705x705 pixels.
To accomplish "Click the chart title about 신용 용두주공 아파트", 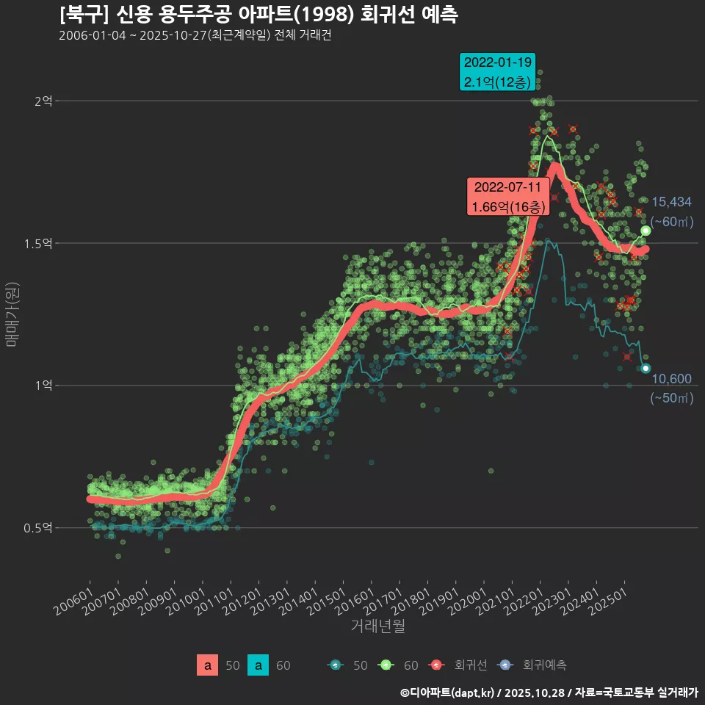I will (258, 14).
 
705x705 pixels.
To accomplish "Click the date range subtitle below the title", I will (195, 36).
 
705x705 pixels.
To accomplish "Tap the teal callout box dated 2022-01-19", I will (496, 72).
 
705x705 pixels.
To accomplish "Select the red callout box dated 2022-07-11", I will (508, 197).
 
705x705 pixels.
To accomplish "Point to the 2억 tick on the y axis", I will (43, 101).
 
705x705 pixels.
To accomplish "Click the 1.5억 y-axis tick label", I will (40, 243).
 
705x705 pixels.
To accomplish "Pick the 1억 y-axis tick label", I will (43, 386).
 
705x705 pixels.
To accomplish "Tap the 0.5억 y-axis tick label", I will (40, 528).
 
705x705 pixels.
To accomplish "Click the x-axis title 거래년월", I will (377, 626).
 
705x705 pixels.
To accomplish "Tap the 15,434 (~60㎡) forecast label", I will (671, 211).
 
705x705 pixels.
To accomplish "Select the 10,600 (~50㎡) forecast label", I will (671, 388).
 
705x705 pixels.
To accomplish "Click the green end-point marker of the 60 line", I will (646, 231).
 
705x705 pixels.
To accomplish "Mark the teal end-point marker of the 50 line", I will (646, 368).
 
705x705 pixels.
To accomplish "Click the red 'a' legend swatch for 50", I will (207, 665).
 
